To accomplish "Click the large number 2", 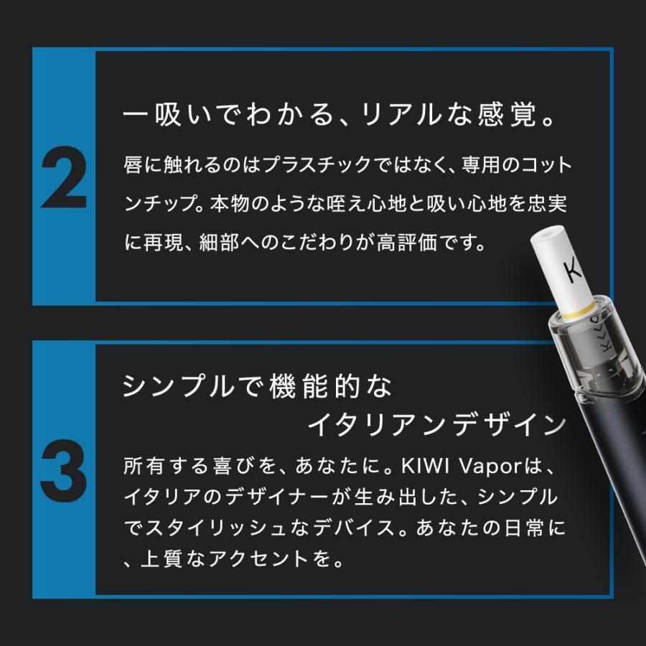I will (x=64, y=180).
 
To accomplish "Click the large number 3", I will (x=64, y=474).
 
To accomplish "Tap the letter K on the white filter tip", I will (x=573, y=272).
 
